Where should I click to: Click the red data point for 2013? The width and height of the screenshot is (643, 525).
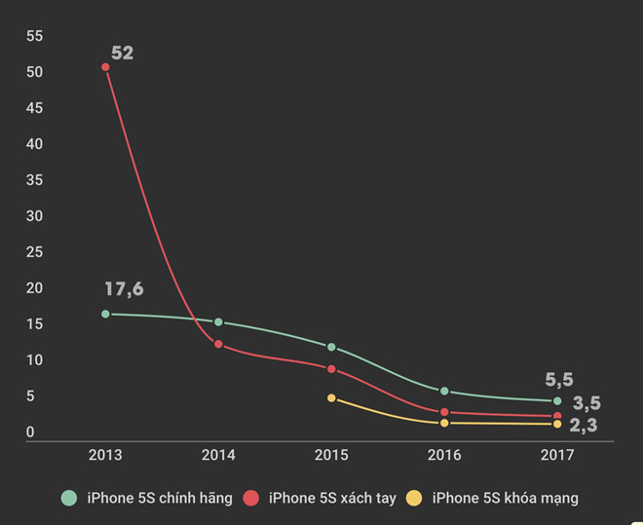pos(105,67)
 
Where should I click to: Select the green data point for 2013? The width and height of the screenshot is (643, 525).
pos(105,314)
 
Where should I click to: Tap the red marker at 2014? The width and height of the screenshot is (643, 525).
pos(218,344)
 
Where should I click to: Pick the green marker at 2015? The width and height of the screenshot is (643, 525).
pos(331,347)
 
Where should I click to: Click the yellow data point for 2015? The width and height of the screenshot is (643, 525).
pos(331,398)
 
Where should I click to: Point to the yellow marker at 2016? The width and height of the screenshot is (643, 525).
pos(444,423)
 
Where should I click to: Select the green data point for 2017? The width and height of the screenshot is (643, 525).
pos(557,400)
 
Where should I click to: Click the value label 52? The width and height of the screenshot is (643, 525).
pos(122,53)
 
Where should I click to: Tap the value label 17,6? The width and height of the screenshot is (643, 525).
pos(124,289)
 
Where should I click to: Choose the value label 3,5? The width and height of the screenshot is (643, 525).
pos(586,403)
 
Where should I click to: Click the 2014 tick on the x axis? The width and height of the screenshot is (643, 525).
pos(218,455)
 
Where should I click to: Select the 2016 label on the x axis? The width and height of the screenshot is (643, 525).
pos(444,455)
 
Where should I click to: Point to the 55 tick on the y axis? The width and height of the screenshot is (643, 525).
pos(35,36)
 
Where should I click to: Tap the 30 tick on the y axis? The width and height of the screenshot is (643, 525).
pos(35,216)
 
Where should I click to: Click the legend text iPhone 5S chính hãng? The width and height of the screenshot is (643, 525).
pos(160,498)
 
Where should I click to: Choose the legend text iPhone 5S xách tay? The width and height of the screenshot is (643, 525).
pos(332,498)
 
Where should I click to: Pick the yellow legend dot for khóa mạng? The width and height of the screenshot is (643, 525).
pos(414,498)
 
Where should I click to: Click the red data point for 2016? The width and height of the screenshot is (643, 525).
pos(444,412)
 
